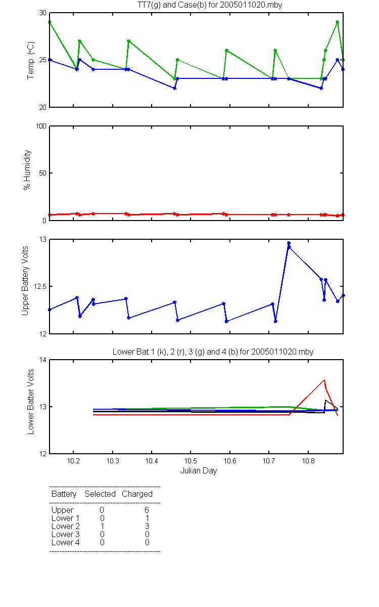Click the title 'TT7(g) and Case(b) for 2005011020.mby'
click(210, 5)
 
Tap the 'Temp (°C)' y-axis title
click(31, 60)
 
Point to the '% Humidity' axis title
click(27, 170)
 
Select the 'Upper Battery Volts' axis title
click(25, 281)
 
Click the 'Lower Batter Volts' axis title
click(30, 402)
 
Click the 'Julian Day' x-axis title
click(199, 471)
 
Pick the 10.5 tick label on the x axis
click(191, 461)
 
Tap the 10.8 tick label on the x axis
click(308, 461)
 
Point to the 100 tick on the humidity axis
click(41, 126)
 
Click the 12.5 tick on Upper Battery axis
click(40, 286)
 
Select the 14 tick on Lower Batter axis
click(43, 360)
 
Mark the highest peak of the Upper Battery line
click(289, 243)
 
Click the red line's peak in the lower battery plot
click(324, 380)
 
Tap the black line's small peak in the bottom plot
click(326, 400)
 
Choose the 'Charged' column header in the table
click(137, 494)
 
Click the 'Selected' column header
click(100, 494)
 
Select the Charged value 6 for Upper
click(147, 510)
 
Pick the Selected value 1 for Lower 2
click(102, 526)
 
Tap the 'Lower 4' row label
click(66, 542)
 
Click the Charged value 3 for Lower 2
click(147, 526)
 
